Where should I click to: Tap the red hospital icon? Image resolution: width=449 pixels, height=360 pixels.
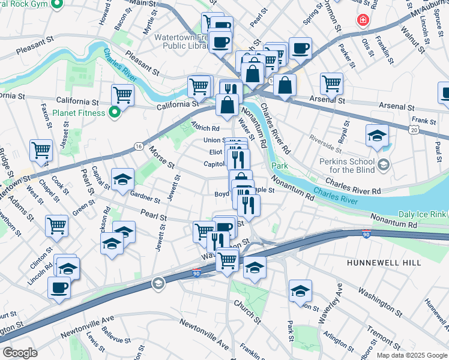(362, 21)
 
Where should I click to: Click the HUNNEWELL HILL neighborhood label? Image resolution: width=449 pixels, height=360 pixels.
(382, 263)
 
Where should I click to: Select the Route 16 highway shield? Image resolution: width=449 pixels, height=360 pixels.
(139, 146)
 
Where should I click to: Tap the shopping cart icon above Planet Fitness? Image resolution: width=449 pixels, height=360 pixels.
(122, 94)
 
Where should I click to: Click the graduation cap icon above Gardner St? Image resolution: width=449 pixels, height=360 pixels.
(122, 179)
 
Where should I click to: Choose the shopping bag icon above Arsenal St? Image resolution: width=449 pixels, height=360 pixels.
(285, 85)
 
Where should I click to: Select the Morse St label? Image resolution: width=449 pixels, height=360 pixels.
(161, 157)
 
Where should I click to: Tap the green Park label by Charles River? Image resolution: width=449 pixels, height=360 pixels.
(277, 166)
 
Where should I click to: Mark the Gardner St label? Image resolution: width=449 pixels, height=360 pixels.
(145, 197)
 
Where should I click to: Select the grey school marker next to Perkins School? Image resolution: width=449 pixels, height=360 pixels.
(385, 164)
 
